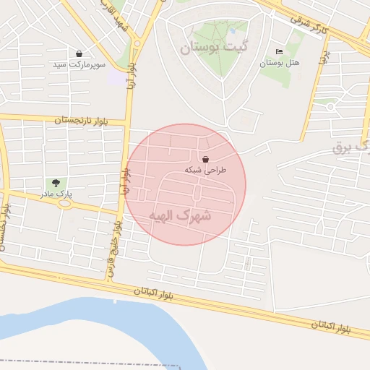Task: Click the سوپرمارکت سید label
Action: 79,65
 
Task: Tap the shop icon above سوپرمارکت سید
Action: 79,53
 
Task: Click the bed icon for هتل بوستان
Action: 280,52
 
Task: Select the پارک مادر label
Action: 56,194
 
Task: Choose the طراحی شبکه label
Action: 206,170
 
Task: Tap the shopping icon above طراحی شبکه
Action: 206,159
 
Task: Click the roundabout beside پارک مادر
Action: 65,203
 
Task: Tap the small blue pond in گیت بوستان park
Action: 233,31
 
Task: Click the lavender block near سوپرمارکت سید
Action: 115,77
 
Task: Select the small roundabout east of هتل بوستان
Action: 330,107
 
